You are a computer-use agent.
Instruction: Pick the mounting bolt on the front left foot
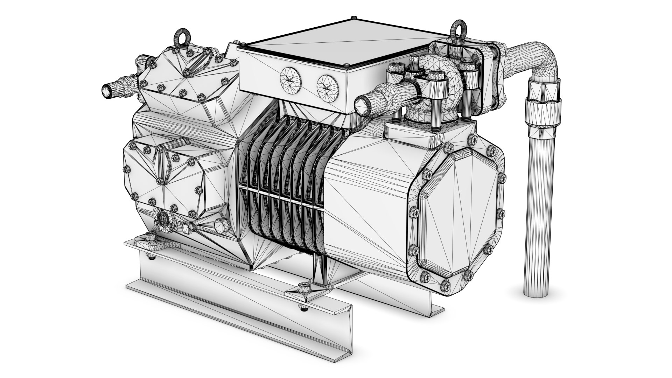(152, 237)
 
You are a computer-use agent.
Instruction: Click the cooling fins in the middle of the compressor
(283, 182)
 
